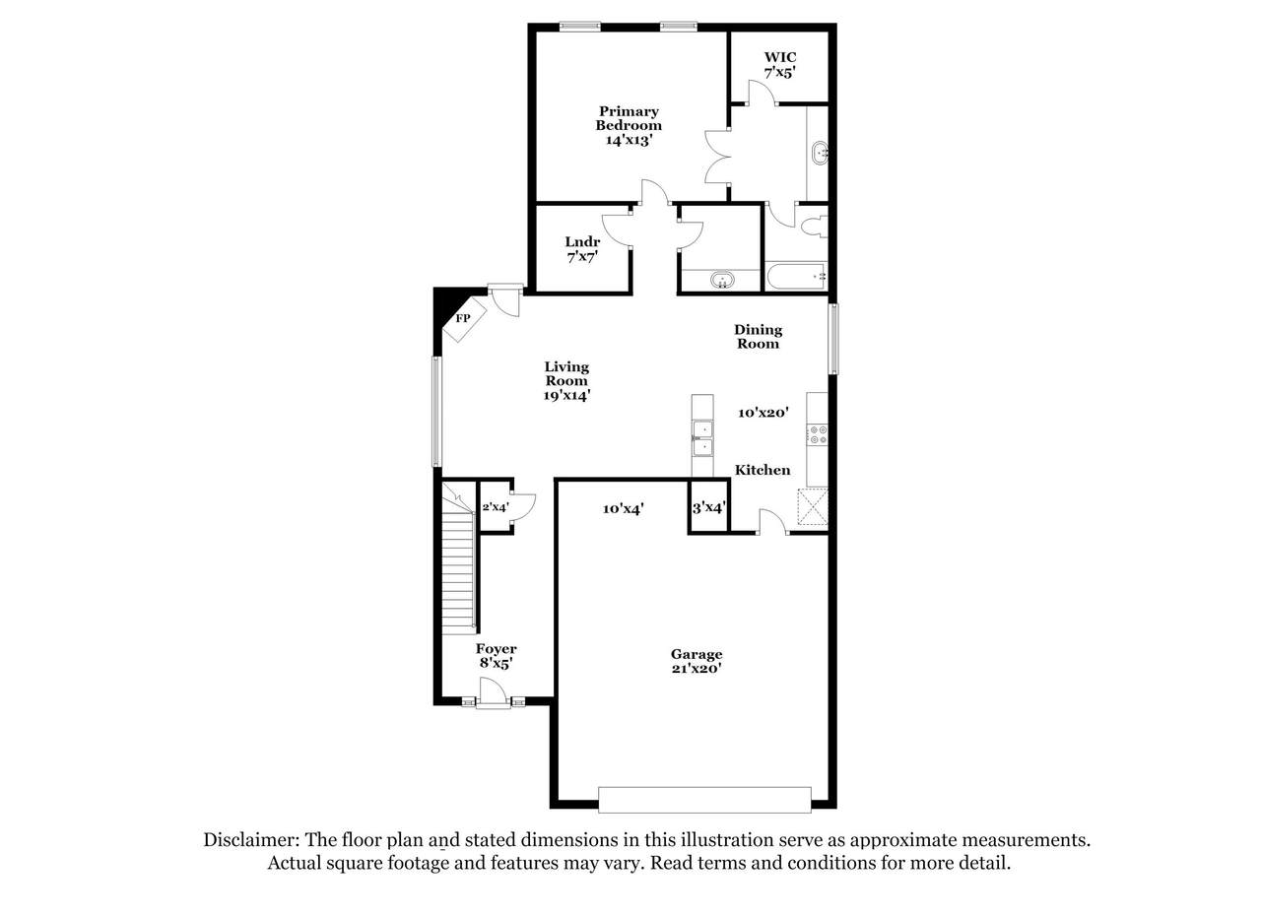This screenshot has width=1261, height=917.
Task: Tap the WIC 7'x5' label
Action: pyautogui.click(x=779, y=65)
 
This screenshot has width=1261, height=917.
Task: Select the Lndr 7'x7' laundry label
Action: pyautogui.click(x=582, y=249)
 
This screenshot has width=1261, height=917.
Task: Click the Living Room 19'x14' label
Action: pyautogui.click(x=566, y=381)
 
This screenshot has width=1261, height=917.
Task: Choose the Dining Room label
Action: pyautogui.click(x=758, y=337)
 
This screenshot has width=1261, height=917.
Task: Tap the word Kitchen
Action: pyautogui.click(x=763, y=470)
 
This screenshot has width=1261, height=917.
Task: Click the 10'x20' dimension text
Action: pyautogui.click(x=763, y=413)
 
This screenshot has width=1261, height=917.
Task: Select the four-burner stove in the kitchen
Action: pyautogui.click(x=818, y=434)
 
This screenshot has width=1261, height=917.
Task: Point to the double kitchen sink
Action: pyautogui.click(x=702, y=438)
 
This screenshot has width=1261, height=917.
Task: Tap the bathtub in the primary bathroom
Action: pyautogui.click(x=796, y=277)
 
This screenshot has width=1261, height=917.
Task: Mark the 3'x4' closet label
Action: pyautogui.click(x=708, y=508)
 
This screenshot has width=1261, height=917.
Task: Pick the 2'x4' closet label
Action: pyautogui.click(x=496, y=507)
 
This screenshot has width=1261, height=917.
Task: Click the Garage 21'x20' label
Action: pyautogui.click(x=697, y=662)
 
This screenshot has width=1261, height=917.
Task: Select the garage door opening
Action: pyautogui.click(x=704, y=800)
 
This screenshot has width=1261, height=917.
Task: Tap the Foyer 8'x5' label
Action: pyautogui.click(x=496, y=656)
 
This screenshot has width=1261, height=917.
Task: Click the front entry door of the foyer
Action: pyautogui.click(x=494, y=692)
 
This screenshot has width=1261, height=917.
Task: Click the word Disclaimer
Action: pyautogui.click(x=250, y=840)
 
